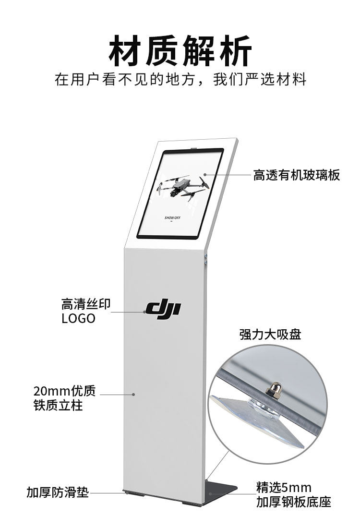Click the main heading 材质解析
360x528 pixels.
180,51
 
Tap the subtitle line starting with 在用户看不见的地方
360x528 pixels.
180,80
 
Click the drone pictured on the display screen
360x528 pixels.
183,187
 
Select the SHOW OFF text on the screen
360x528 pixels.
172,218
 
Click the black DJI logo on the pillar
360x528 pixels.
163,309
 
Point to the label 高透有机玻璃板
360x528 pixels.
296,175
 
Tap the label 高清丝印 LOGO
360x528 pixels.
86,311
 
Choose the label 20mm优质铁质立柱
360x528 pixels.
65,398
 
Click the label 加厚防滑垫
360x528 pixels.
58,492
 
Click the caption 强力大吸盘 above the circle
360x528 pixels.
270,335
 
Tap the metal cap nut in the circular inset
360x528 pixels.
274,389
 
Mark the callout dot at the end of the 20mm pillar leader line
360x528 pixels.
133,394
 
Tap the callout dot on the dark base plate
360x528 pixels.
210,493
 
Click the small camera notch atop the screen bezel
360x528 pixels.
193,148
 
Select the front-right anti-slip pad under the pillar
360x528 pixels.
192,504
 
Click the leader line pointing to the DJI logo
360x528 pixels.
128,312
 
